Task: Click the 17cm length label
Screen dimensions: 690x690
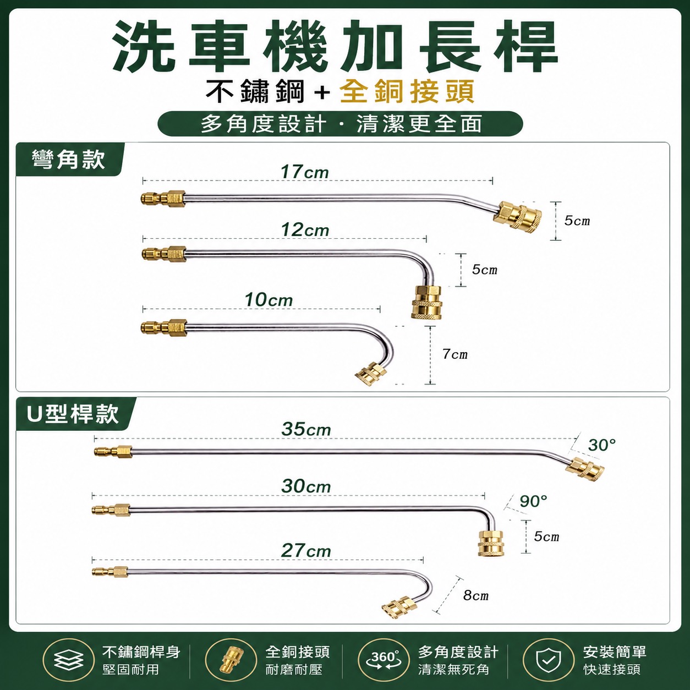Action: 305,173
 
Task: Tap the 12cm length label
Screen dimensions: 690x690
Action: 305,230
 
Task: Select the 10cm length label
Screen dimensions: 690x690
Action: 269,300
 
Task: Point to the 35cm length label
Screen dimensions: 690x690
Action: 306,429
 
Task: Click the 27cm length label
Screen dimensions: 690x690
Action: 306,551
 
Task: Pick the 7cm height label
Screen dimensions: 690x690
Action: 454,354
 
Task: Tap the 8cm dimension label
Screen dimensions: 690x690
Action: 475,595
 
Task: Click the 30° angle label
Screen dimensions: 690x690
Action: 603,445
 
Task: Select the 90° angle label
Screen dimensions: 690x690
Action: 534,502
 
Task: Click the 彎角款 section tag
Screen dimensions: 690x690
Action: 69,160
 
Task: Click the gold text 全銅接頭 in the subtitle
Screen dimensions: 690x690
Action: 407,91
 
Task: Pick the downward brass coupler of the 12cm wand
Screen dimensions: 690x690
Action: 426,302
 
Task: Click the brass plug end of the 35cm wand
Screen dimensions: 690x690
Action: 113,451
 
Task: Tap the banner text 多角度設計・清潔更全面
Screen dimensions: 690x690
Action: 341,124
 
